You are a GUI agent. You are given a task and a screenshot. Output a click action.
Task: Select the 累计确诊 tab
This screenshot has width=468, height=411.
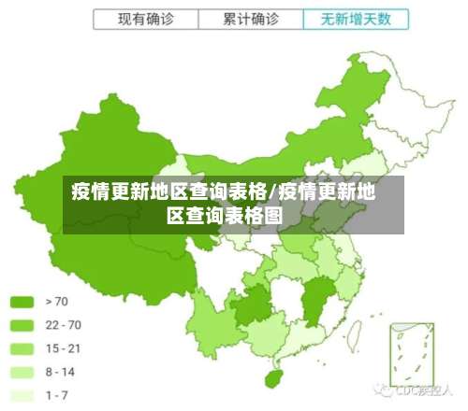pos(252,19)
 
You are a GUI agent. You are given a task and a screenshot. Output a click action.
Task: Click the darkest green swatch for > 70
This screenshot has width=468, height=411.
pos(23,302)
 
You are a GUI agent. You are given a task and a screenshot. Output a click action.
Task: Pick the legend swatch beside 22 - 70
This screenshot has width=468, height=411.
pos(23,325)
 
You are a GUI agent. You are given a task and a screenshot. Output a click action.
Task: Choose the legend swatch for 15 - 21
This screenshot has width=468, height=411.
pos(23,348)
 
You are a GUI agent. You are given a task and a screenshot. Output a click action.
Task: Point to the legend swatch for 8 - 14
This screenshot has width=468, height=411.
pos(23,372)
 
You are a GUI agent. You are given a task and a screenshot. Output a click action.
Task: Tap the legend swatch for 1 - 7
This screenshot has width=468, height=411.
pos(23,395)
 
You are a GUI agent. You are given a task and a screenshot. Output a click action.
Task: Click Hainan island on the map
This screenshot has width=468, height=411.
pos(273,378)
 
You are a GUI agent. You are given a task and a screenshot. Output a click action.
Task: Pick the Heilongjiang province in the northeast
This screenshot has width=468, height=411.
pos(360,84)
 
